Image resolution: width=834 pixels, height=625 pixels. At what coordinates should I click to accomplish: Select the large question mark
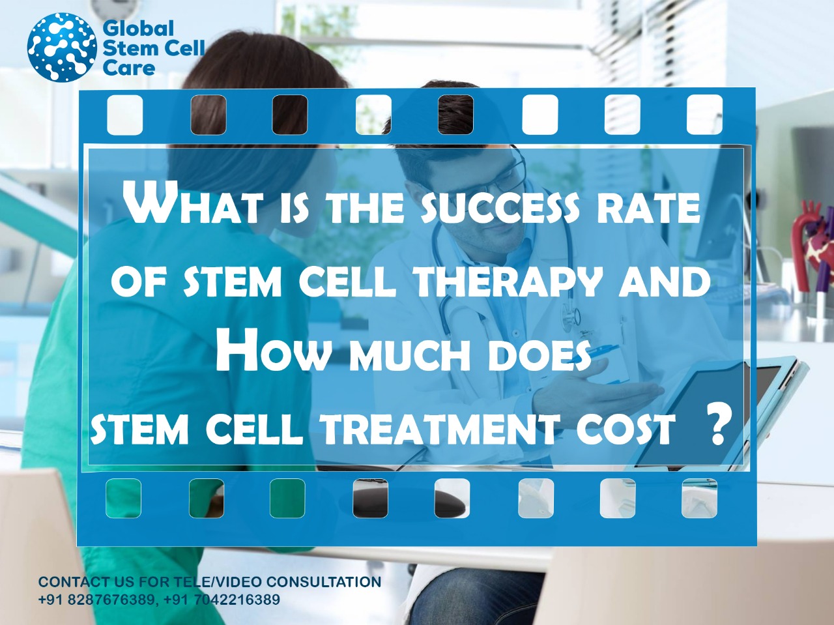718,425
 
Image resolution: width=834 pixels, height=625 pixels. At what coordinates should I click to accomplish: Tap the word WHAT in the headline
193,203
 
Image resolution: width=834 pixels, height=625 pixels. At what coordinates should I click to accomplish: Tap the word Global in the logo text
138,29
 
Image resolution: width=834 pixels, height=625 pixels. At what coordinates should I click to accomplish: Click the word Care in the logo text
128,68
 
